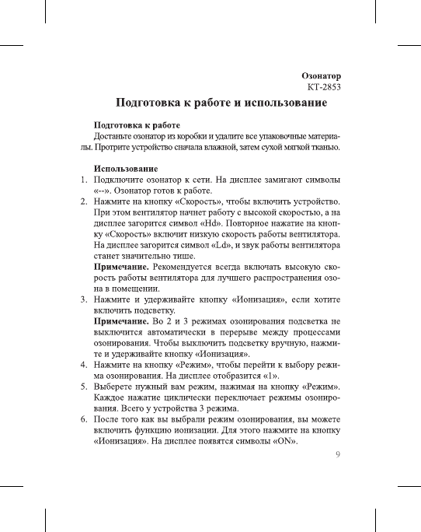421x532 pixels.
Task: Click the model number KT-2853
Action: pos(324,87)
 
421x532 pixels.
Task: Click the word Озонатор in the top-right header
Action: pos(322,75)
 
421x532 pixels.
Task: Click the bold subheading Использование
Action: pos(126,169)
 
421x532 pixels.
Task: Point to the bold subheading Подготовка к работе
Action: pos(137,124)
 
